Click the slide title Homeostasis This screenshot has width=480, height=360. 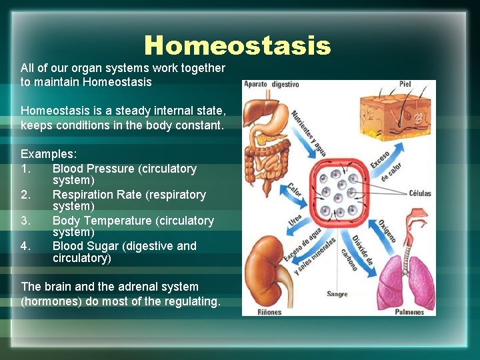pyautogui.click(x=237, y=46)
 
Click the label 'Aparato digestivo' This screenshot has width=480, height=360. pyautogui.click(x=271, y=85)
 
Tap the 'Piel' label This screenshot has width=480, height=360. pyautogui.click(x=405, y=85)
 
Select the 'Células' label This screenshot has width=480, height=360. pyautogui.click(x=419, y=193)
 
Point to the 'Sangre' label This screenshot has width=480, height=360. pyautogui.click(x=337, y=294)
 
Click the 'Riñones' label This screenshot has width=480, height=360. pyautogui.click(x=270, y=311)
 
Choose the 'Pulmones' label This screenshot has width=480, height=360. pyautogui.click(x=409, y=311)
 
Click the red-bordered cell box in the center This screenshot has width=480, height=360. pyautogui.click(x=338, y=193)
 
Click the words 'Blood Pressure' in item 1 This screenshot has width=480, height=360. pyautogui.click(x=93, y=169)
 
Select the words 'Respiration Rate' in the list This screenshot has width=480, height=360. pyautogui.click(x=95, y=195)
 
